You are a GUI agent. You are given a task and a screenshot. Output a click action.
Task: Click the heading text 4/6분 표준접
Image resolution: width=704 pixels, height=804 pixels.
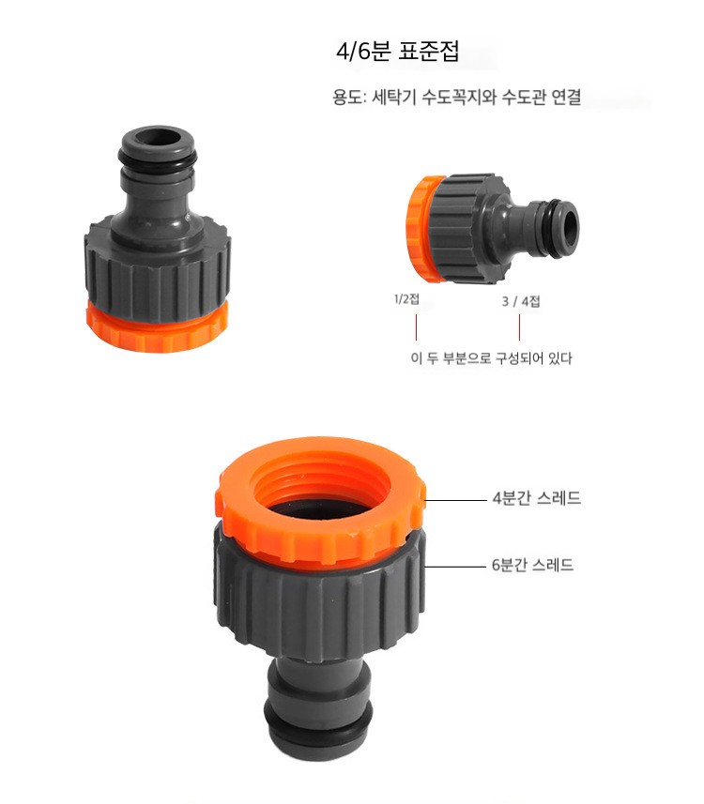pos(397,52)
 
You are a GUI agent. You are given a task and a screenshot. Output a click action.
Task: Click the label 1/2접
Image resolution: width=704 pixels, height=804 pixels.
pos(406,299)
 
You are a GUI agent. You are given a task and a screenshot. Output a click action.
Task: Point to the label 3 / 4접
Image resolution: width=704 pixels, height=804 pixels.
pos(521,301)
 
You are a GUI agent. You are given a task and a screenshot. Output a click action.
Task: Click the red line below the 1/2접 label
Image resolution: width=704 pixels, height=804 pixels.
pos(416,327)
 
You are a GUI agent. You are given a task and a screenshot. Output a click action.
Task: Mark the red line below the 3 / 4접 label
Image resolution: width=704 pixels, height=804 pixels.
pos(519,327)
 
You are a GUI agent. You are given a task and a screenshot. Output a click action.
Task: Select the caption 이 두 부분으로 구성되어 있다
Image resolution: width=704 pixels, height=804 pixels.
pos(492,357)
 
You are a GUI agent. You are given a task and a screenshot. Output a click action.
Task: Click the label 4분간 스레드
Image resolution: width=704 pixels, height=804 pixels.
pos(537,498)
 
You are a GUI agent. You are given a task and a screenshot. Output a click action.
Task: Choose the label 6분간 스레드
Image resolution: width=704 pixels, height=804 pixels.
pos(532,565)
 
